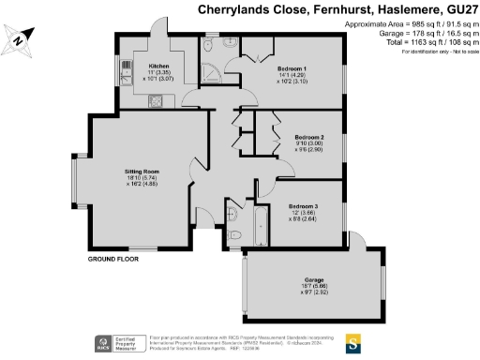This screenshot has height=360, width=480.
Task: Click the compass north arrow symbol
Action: click(x=21, y=41)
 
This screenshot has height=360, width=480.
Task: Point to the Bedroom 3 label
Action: click(x=303, y=205)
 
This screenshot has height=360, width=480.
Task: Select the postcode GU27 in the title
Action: click(x=458, y=9)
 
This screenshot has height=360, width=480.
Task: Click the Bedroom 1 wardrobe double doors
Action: click(x=259, y=52)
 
